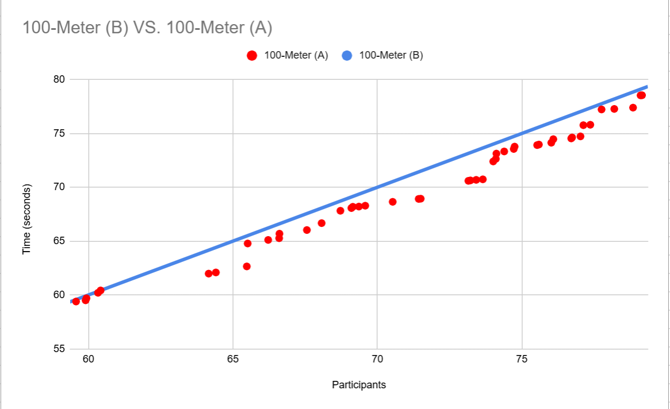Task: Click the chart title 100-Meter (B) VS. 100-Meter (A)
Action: click(147, 27)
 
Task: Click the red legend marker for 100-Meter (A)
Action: click(251, 56)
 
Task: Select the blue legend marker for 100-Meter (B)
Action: click(347, 56)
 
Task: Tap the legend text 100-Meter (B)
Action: click(391, 56)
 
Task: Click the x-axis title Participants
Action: click(359, 385)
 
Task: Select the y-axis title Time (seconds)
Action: click(26, 219)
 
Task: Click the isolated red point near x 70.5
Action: click(393, 202)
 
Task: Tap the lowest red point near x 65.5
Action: click(247, 267)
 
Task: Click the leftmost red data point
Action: click(76, 302)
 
